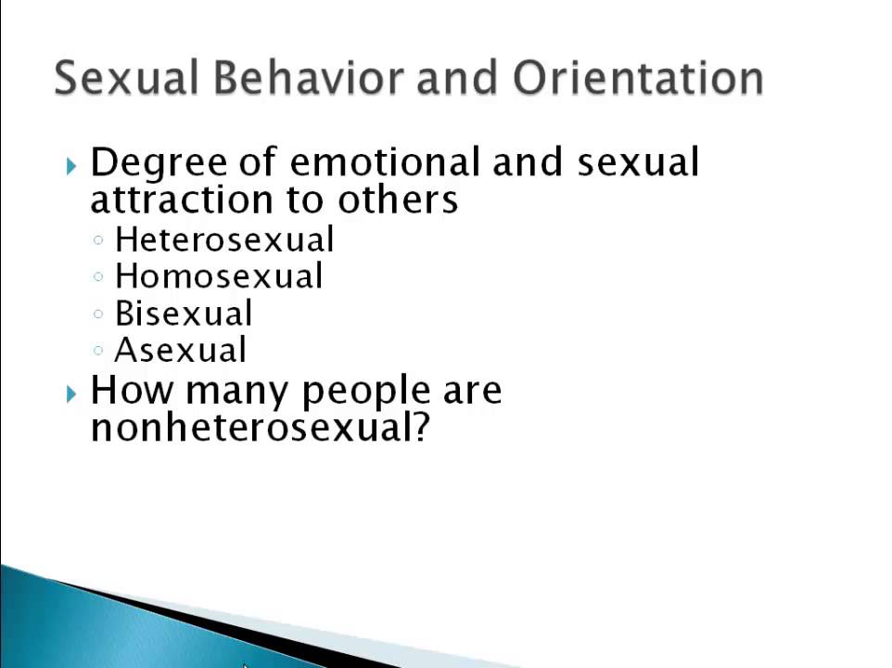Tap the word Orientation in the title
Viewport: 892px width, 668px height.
click(x=637, y=78)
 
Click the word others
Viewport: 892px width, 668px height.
click(x=398, y=199)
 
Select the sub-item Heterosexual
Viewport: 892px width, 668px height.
click(x=224, y=239)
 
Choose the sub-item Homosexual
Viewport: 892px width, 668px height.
click(x=219, y=276)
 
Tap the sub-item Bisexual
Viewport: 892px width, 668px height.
click(x=184, y=314)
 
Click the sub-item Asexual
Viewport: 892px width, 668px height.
click(x=181, y=351)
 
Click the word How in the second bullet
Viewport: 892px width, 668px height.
click(x=133, y=391)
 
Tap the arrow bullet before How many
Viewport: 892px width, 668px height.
click(x=72, y=393)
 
